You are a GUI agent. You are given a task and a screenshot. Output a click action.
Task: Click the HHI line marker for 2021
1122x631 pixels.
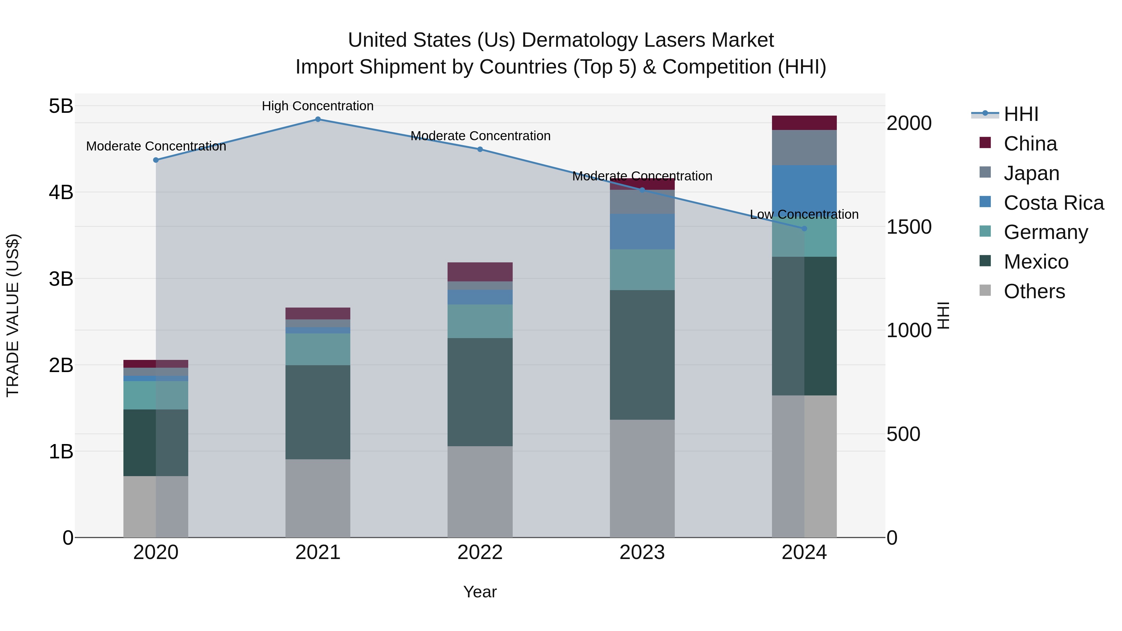pyautogui.click(x=318, y=119)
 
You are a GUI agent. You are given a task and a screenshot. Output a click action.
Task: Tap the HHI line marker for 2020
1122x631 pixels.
pyautogui.click(x=156, y=160)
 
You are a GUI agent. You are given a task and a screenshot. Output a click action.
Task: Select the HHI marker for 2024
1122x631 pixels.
pyautogui.click(x=804, y=228)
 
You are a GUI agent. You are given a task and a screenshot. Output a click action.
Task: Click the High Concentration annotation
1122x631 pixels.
pyautogui.click(x=318, y=106)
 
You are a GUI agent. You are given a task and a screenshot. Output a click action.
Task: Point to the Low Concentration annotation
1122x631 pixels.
pyautogui.click(x=804, y=214)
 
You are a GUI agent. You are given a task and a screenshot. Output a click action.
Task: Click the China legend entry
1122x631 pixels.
pyautogui.click(x=1030, y=144)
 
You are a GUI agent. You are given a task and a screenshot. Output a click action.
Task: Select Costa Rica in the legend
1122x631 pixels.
pyautogui.click(x=1053, y=203)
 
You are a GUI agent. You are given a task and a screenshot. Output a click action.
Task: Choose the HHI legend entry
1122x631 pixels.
pyautogui.click(x=1020, y=114)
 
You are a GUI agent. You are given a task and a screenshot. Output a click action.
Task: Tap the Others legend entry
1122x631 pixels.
pyautogui.click(x=1034, y=291)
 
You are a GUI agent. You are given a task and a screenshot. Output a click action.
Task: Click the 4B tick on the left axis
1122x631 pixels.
pyautogui.click(x=61, y=192)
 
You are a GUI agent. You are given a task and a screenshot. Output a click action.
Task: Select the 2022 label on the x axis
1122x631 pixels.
pyautogui.click(x=480, y=552)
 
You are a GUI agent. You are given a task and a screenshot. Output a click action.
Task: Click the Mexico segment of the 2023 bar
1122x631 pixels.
pyautogui.click(x=642, y=355)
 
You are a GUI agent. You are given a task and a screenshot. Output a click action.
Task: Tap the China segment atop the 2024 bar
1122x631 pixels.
pyautogui.click(x=804, y=123)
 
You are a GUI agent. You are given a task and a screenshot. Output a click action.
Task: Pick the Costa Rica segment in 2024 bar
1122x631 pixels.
pyautogui.click(x=804, y=187)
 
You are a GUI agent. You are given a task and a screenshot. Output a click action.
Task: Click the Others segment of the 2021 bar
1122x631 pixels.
pyautogui.click(x=318, y=498)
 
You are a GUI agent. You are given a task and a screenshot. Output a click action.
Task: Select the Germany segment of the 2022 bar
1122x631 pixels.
pyautogui.click(x=480, y=321)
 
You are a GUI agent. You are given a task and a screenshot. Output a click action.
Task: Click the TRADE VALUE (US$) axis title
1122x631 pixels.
pyautogui.click(x=13, y=315)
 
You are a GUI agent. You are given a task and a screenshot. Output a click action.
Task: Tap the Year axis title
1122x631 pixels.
pyautogui.click(x=480, y=592)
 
